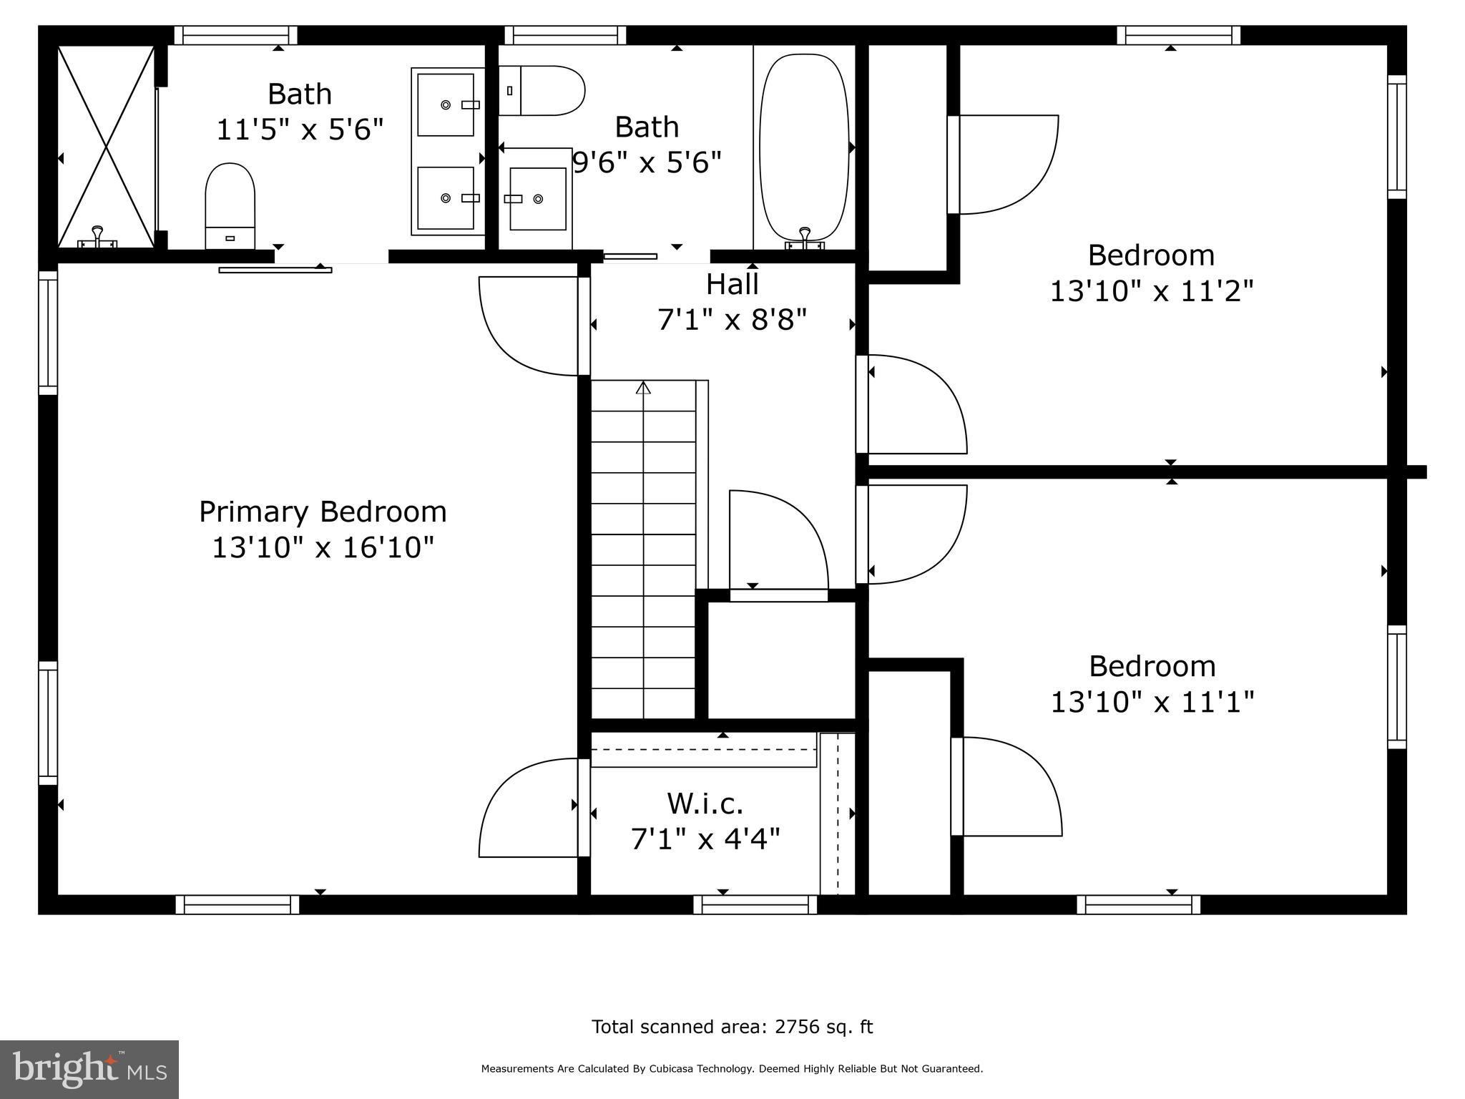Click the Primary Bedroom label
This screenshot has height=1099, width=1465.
click(323, 512)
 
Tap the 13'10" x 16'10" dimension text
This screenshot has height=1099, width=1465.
click(323, 548)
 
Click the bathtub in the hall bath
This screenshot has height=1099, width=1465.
click(804, 149)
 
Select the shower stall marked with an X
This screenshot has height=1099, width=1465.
click(106, 147)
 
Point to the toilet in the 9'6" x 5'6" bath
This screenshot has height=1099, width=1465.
click(542, 91)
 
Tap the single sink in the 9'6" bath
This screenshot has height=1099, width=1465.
click(537, 199)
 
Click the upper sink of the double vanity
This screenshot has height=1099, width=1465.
click(446, 105)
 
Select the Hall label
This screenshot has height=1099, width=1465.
click(732, 285)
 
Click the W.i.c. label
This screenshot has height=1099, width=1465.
click(705, 804)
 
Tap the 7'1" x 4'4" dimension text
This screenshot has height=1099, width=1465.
click(705, 839)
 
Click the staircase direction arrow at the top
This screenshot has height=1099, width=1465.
click(643, 388)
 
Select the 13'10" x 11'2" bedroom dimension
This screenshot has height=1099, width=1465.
click(1152, 291)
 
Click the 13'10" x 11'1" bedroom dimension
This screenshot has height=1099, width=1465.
click(1152, 702)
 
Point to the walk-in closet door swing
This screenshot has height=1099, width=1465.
click(529, 809)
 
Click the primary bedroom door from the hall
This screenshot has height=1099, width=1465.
click(529, 326)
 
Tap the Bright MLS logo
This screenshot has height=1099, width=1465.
click(89, 1069)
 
